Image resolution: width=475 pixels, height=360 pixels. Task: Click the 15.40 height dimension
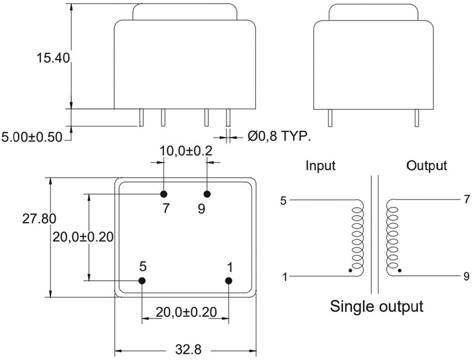(x=53, y=58)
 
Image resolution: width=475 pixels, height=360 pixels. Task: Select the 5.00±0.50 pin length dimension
(x=32, y=137)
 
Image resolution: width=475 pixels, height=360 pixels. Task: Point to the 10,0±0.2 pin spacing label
(x=186, y=151)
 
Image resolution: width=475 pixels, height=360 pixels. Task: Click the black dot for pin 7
(x=164, y=193)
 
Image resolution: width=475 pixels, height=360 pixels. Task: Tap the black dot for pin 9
(x=207, y=193)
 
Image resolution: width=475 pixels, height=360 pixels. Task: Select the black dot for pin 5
(x=142, y=281)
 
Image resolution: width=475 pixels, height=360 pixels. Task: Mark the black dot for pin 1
(x=229, y=281)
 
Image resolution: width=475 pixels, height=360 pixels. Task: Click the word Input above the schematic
(x=321, y=165)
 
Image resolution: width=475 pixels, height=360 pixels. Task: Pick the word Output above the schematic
(x=427, y=165)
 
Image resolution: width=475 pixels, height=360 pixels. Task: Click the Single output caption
(x=377, y=307)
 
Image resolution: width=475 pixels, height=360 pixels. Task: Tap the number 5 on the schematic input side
(x=283, y=201)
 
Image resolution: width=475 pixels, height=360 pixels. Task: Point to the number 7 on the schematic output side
(x=467, y=200)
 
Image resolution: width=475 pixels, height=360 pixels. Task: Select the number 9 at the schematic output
(x=467, y=276)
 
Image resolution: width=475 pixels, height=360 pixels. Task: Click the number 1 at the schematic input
(x=285, y=277)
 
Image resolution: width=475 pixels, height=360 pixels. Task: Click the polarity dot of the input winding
(x=350, y=270)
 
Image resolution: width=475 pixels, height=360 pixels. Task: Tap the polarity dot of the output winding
(x=399, y=270)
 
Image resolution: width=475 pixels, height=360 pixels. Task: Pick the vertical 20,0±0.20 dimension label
(x=83, y=237)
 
